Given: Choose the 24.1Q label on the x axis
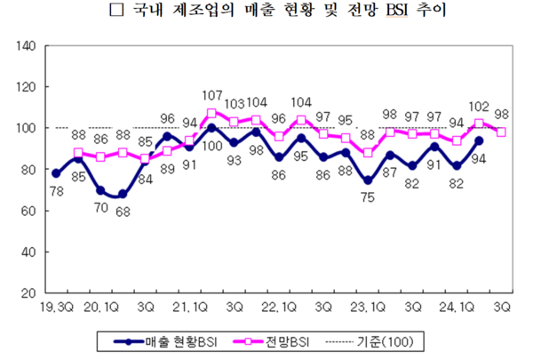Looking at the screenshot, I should point(460,307).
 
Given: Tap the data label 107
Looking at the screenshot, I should point(211,96).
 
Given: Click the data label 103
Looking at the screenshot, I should point(235,104).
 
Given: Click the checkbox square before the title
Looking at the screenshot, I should point(113,13).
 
